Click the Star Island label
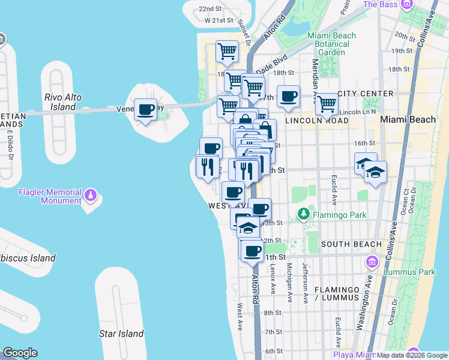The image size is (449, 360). pos(122,334)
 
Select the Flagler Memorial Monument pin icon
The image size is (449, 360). pos(91,195)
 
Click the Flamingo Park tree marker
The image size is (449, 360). pos(304,214)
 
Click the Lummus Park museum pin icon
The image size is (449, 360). pos(372,262)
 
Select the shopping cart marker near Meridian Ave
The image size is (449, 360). pos(327,104)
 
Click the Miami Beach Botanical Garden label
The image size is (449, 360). pos(331,44)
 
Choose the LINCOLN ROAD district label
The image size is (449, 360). pos(317,121)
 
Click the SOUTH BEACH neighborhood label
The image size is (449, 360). pos(351,244)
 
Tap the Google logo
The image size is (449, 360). pos(20,353)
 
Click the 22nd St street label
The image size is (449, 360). pos(211,9)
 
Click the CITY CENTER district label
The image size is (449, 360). pos(366,94)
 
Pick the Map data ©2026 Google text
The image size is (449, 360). pos(411,355)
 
